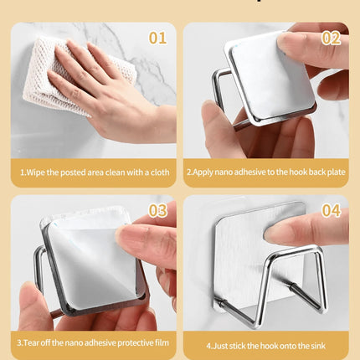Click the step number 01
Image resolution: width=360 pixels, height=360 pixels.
pos(157,38)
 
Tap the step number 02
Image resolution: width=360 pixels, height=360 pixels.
pos(331,38)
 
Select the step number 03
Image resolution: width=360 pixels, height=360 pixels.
pos(157,210)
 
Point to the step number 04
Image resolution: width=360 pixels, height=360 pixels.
pos(331,210)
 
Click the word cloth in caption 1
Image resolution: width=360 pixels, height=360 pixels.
pos(160,172)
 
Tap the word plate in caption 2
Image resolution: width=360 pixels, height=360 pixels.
pos(337,172)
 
